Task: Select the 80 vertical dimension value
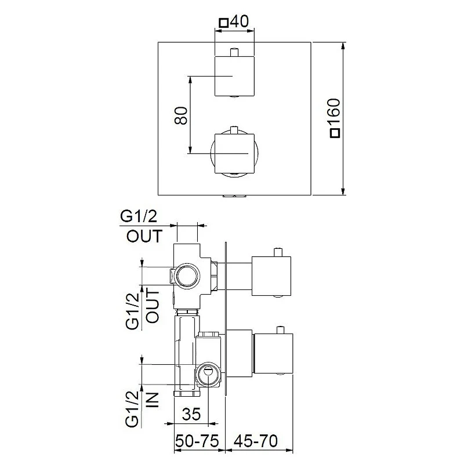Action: (181, 115)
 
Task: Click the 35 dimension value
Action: (191, 414)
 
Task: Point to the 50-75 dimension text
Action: (197, 441)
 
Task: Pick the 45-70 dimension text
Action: (255, 441)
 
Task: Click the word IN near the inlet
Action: (153, 400)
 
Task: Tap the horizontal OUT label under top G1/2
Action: (144, 236)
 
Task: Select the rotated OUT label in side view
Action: (153, 306)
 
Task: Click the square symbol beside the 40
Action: (223, 23)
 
